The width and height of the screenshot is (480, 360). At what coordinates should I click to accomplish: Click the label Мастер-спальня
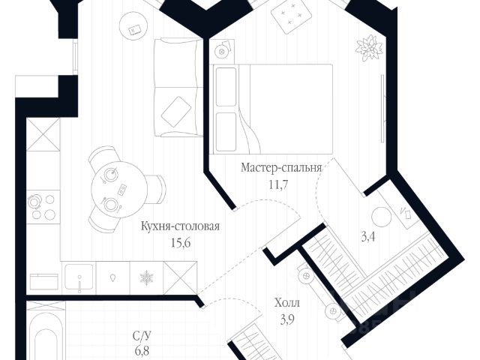pos(281,168)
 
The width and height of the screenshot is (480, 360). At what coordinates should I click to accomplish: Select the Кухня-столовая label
pos(180,225)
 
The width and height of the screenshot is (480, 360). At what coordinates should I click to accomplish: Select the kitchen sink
pos(79,277)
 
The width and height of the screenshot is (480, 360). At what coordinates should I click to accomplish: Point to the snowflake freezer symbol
pos(145,277)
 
